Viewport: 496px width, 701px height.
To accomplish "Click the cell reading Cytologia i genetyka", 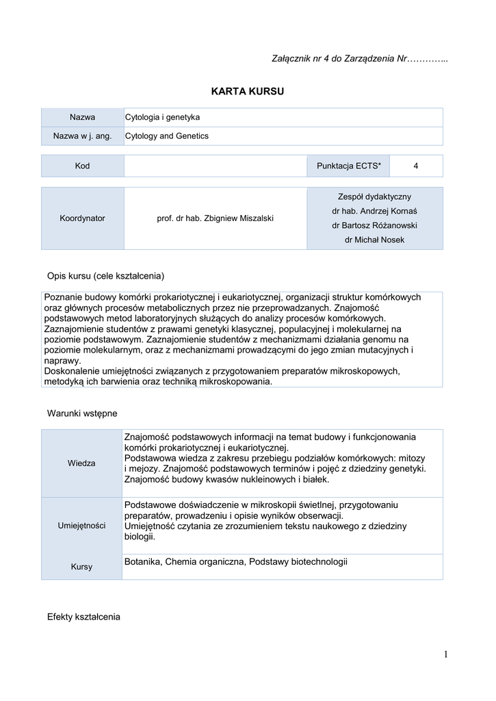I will [162, 118].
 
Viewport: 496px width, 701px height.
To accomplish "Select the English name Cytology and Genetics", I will [167, 136].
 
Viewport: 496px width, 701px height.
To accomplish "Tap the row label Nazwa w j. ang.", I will [82, 136].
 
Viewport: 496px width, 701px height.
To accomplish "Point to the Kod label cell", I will [82, 166].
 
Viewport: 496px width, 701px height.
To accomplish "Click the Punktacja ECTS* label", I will [349, 166].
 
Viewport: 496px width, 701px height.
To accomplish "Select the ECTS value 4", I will [416, 166].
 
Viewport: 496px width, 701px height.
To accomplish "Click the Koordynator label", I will [82, 218].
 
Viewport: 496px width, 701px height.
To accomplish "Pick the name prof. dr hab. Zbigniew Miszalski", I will [215, 218].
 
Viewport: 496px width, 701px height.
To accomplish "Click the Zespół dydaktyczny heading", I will [374, 196].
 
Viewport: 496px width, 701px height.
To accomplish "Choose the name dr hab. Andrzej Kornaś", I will [374, 211].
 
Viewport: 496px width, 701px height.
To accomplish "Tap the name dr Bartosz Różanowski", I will [374, 225].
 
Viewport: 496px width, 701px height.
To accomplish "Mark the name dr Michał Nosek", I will [374, 240].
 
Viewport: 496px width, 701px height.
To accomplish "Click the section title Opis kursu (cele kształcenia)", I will [105, 276].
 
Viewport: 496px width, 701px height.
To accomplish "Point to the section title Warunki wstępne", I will [82, 413].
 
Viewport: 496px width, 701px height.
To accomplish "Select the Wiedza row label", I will [82, 463].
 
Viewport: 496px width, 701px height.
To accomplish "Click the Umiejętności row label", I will [82, 526].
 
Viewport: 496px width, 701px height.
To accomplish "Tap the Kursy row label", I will [82, 567].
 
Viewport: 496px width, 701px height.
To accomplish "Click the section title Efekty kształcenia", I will [83, 617].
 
